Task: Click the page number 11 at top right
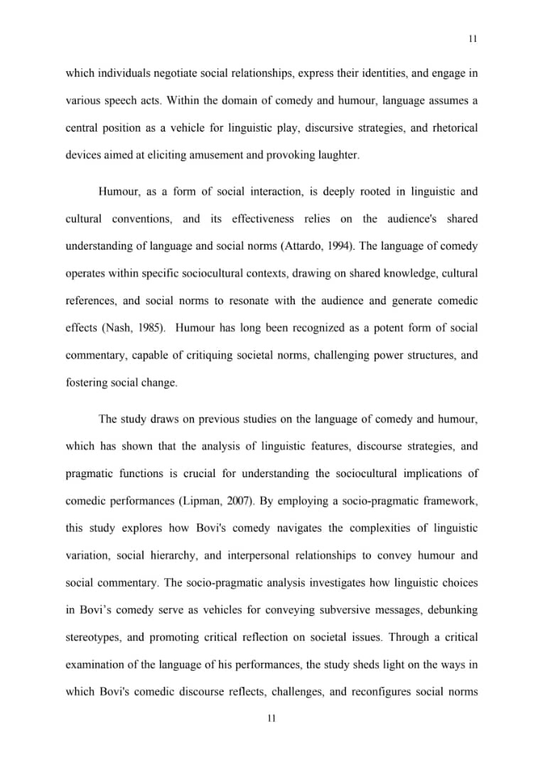click(x=473, y=39)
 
